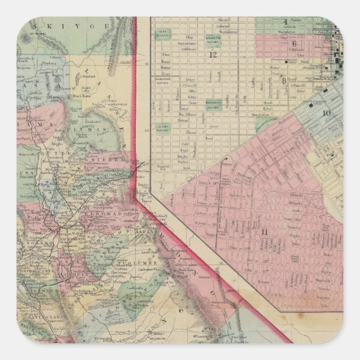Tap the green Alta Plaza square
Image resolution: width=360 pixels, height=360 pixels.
coord(163,33)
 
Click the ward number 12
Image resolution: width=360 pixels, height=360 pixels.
coord(212,54)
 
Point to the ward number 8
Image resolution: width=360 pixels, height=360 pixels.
coord(284,80)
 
